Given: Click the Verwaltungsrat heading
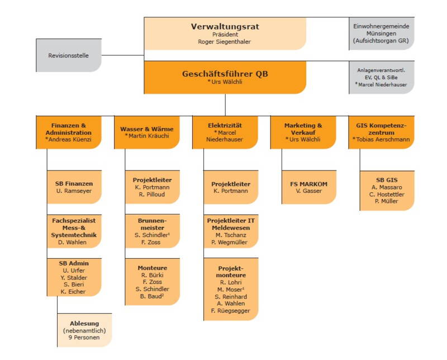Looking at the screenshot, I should (225, 26).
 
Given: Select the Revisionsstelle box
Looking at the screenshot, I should (69, 55).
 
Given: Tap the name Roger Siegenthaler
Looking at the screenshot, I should (225, 41).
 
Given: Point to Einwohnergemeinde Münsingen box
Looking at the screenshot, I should (382, 34).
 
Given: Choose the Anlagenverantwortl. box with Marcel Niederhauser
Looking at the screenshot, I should (382, 77).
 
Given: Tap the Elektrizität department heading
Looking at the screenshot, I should (225, 125).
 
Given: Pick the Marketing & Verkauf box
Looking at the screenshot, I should (303, 132).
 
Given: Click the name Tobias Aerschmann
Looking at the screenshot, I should (382, 139).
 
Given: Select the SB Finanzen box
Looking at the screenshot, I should (74, 187).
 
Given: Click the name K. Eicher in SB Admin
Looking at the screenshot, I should (72, 292).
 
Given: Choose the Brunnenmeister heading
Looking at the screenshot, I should (152, 224).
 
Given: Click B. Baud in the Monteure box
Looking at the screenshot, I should (152, 296).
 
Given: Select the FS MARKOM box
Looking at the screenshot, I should (309, 187).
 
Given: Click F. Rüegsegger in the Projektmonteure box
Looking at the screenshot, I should (231, 311).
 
